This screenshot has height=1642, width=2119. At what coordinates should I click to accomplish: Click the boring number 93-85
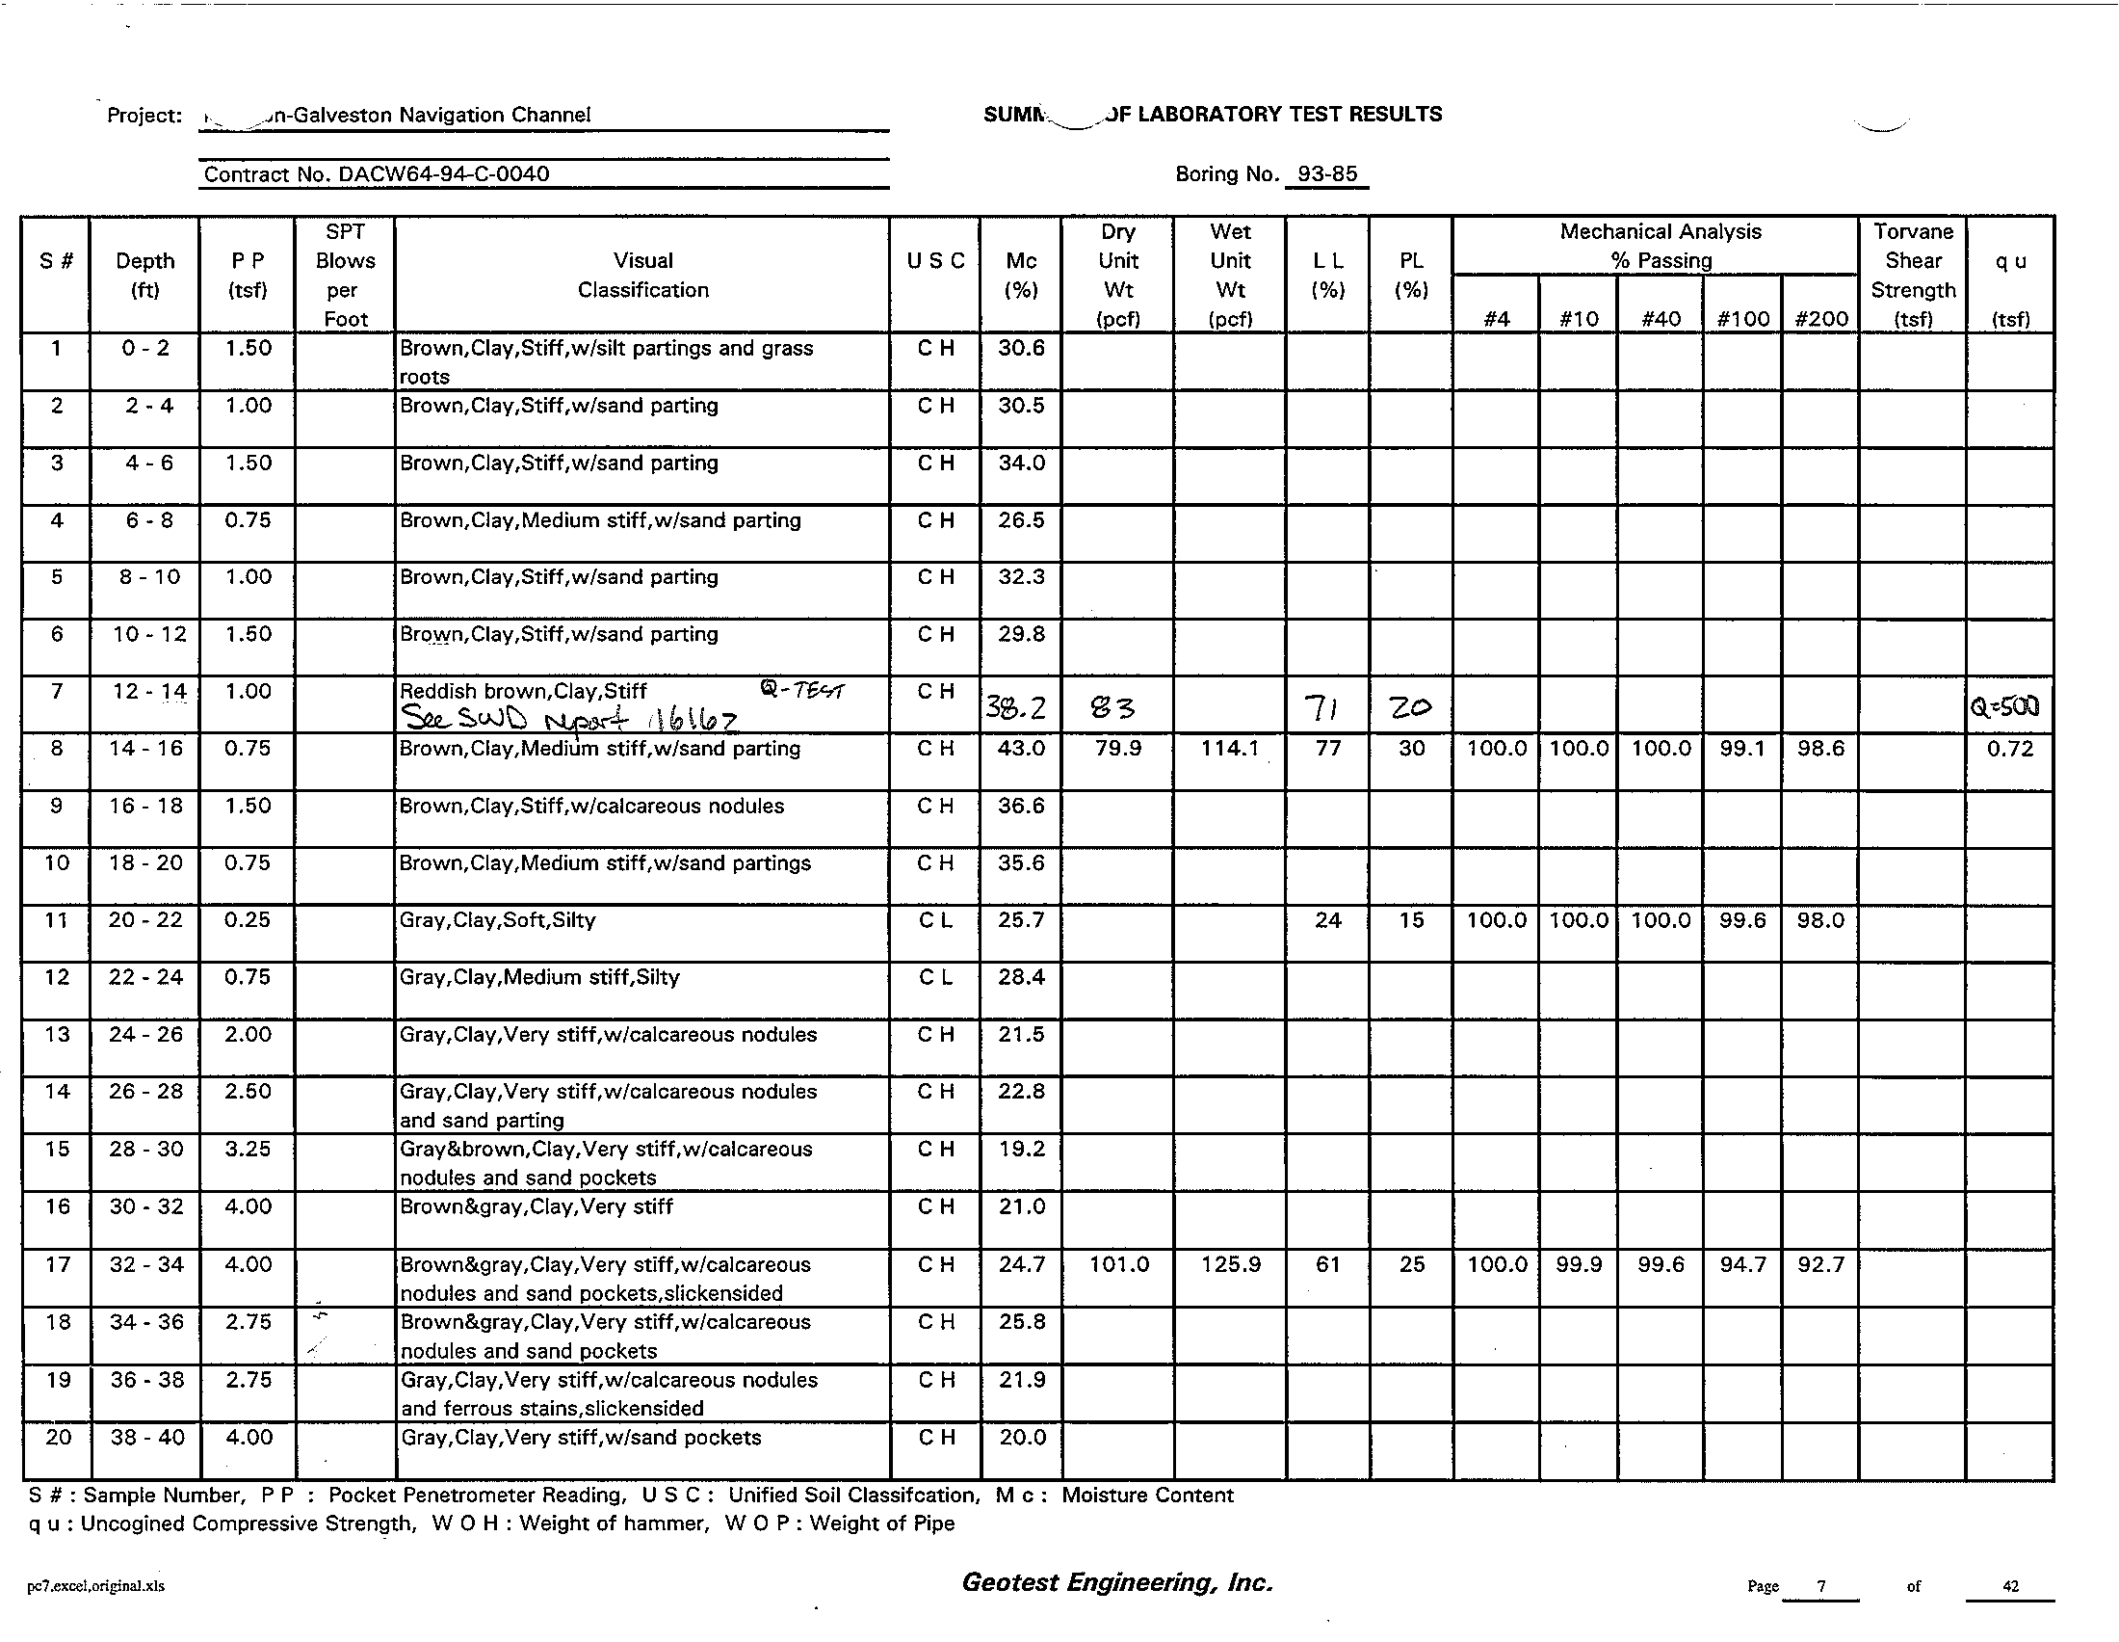pyautogui.click(x=1327, y=173)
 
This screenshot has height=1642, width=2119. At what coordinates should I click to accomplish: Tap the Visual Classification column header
pyautogui.click(x=643, y=275)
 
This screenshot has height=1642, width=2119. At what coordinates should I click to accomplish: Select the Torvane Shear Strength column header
pyautogui.click(x=1912, y=275)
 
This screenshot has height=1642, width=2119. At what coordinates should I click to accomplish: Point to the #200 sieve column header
pyautogui.click(x=1820, y=318)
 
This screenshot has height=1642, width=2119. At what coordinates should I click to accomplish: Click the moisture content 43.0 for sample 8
pyautogui.click(x=1021, y=748)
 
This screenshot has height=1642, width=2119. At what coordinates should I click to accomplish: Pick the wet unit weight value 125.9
pyautogui.click(x=1230, y=1264)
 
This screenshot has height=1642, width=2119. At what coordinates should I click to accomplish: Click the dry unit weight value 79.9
pyautogui.click(x=1117, y=748)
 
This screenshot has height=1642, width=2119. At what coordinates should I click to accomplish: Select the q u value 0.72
pyautogui.click(x=2009, y=748)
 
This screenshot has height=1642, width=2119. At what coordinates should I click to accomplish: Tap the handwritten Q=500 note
pyautogui.click(x=2007, y=706)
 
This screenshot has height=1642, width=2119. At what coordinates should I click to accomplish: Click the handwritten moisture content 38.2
pyautogui.click(x=1016, y=707)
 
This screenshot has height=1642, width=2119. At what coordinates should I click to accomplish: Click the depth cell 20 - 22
pyautogui.click(x=145, y=920)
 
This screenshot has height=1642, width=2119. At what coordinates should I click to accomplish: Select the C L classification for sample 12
pyautogui.click(x=935, y=977)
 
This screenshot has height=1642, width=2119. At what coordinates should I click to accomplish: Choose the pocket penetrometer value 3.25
pyautogui.click(x=248, y=1149)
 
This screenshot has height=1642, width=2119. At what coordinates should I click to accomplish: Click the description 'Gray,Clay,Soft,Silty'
pyautogui.click(x=498, y=920)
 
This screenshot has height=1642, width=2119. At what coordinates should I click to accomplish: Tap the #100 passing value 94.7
pyautogui.click(x=1742, y=1264)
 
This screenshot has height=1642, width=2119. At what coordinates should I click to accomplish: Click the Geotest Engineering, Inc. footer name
pyautogui.click(x=1116, y=1583)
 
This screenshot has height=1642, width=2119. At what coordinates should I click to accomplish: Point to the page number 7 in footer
pyautogui.click(x=1821, y=1586)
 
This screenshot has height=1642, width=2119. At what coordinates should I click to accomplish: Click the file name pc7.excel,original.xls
pyautogui.click(x=96, y=1586)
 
